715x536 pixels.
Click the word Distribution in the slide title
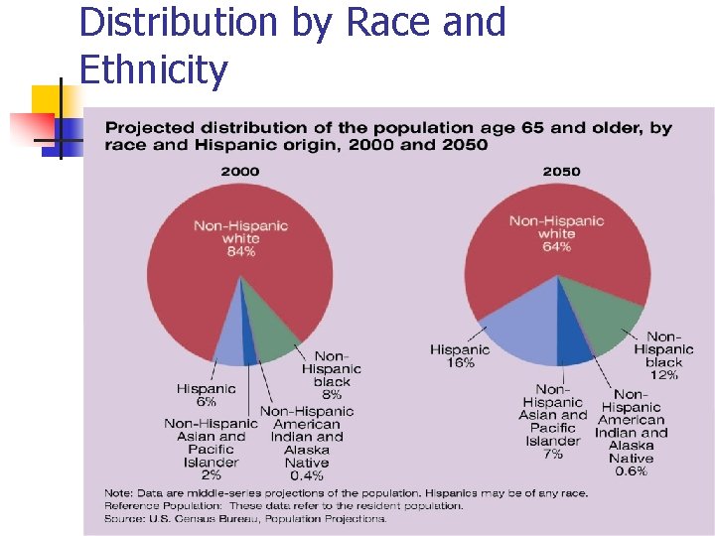click(177, 22)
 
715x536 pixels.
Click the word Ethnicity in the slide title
click(153, 70)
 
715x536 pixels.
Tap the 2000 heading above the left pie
click(239, 172)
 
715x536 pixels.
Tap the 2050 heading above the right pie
click(561, 172)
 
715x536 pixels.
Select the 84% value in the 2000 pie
click(240, 252)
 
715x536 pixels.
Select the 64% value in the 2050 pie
click(556, 247)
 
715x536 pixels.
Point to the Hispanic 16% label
click(460, 356)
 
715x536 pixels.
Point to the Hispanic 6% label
click(206, 395)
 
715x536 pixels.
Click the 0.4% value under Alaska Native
click(307, 475)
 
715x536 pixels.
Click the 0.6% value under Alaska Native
click(632, 471)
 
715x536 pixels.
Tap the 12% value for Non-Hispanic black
click(664, 375)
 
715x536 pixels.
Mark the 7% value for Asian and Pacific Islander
click(553, 454)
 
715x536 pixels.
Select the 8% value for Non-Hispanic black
click(332, 395)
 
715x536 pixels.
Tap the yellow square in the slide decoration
click(48, 99)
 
